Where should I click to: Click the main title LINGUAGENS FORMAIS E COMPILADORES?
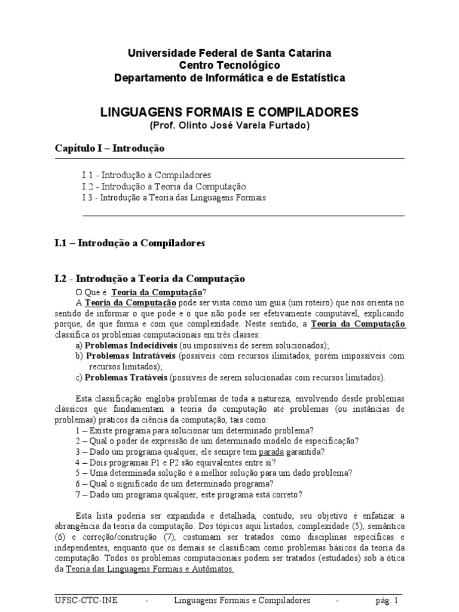pyautogui.click(x=229, y=112)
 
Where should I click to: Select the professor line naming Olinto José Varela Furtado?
pyautogui.click(x=229, y=126)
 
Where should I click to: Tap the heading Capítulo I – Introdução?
pyautogui.click(x=109, y=147)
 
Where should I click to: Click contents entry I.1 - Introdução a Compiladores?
pyautogui.click(x=146, y=175)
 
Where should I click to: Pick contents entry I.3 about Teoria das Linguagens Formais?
pyautogui.click(x=174, y=197)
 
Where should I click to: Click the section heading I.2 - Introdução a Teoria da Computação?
pyautogui.click(x=149, y=279)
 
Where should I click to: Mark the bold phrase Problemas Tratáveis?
pyautogui.click(x=127, y=378)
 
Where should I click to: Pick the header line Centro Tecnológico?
pyautogui.click(x=229, y=65)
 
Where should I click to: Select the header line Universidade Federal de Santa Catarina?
pyautogui.click(x=229, y=53)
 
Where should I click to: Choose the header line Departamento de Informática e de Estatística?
pyautogui.click(x=229, y=78)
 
